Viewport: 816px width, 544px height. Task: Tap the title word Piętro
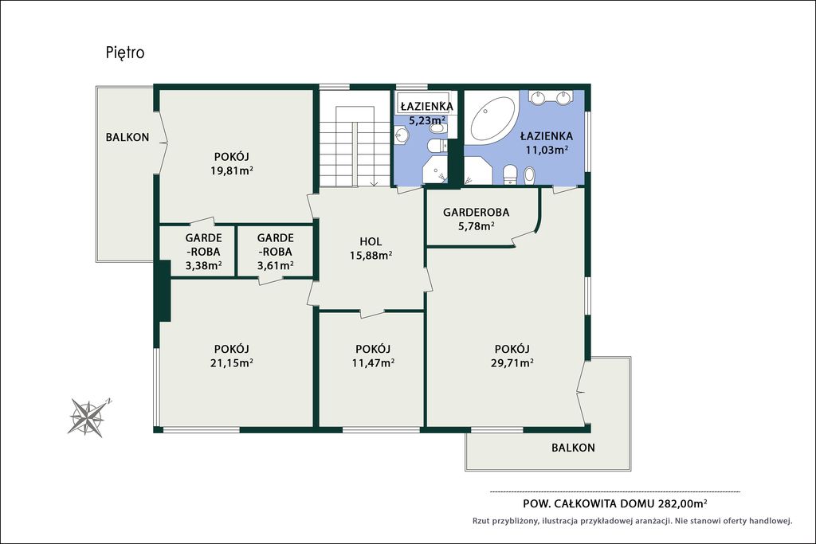coord(125,53)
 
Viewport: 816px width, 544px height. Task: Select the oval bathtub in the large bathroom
coord(492,119)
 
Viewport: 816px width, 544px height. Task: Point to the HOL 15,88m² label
coord(371,249)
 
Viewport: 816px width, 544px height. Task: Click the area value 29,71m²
coord(512,362)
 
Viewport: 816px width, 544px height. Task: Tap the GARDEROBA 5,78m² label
coord(476,219)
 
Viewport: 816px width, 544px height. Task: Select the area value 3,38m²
coord(203,265)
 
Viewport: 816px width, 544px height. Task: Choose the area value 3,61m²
coord(275,265)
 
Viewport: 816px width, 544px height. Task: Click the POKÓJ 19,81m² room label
coord(232,163)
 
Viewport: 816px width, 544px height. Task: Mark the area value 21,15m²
coord(232,362)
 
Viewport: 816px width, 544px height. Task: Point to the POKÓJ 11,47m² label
coord(373,356)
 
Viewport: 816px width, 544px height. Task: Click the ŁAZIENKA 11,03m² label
coord(547,143)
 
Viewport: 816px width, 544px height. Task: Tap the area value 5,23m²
coord(427,120)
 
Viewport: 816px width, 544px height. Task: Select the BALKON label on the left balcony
coord(127,137)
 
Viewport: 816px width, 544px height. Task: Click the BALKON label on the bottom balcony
coord(573,448)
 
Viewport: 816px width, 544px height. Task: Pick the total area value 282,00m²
coord(682,503)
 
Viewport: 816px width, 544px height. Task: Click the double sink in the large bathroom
coord(550,97)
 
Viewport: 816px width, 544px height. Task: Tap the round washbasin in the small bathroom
coord(402,135)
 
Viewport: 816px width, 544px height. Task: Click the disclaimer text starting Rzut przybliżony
coord(632,521)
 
